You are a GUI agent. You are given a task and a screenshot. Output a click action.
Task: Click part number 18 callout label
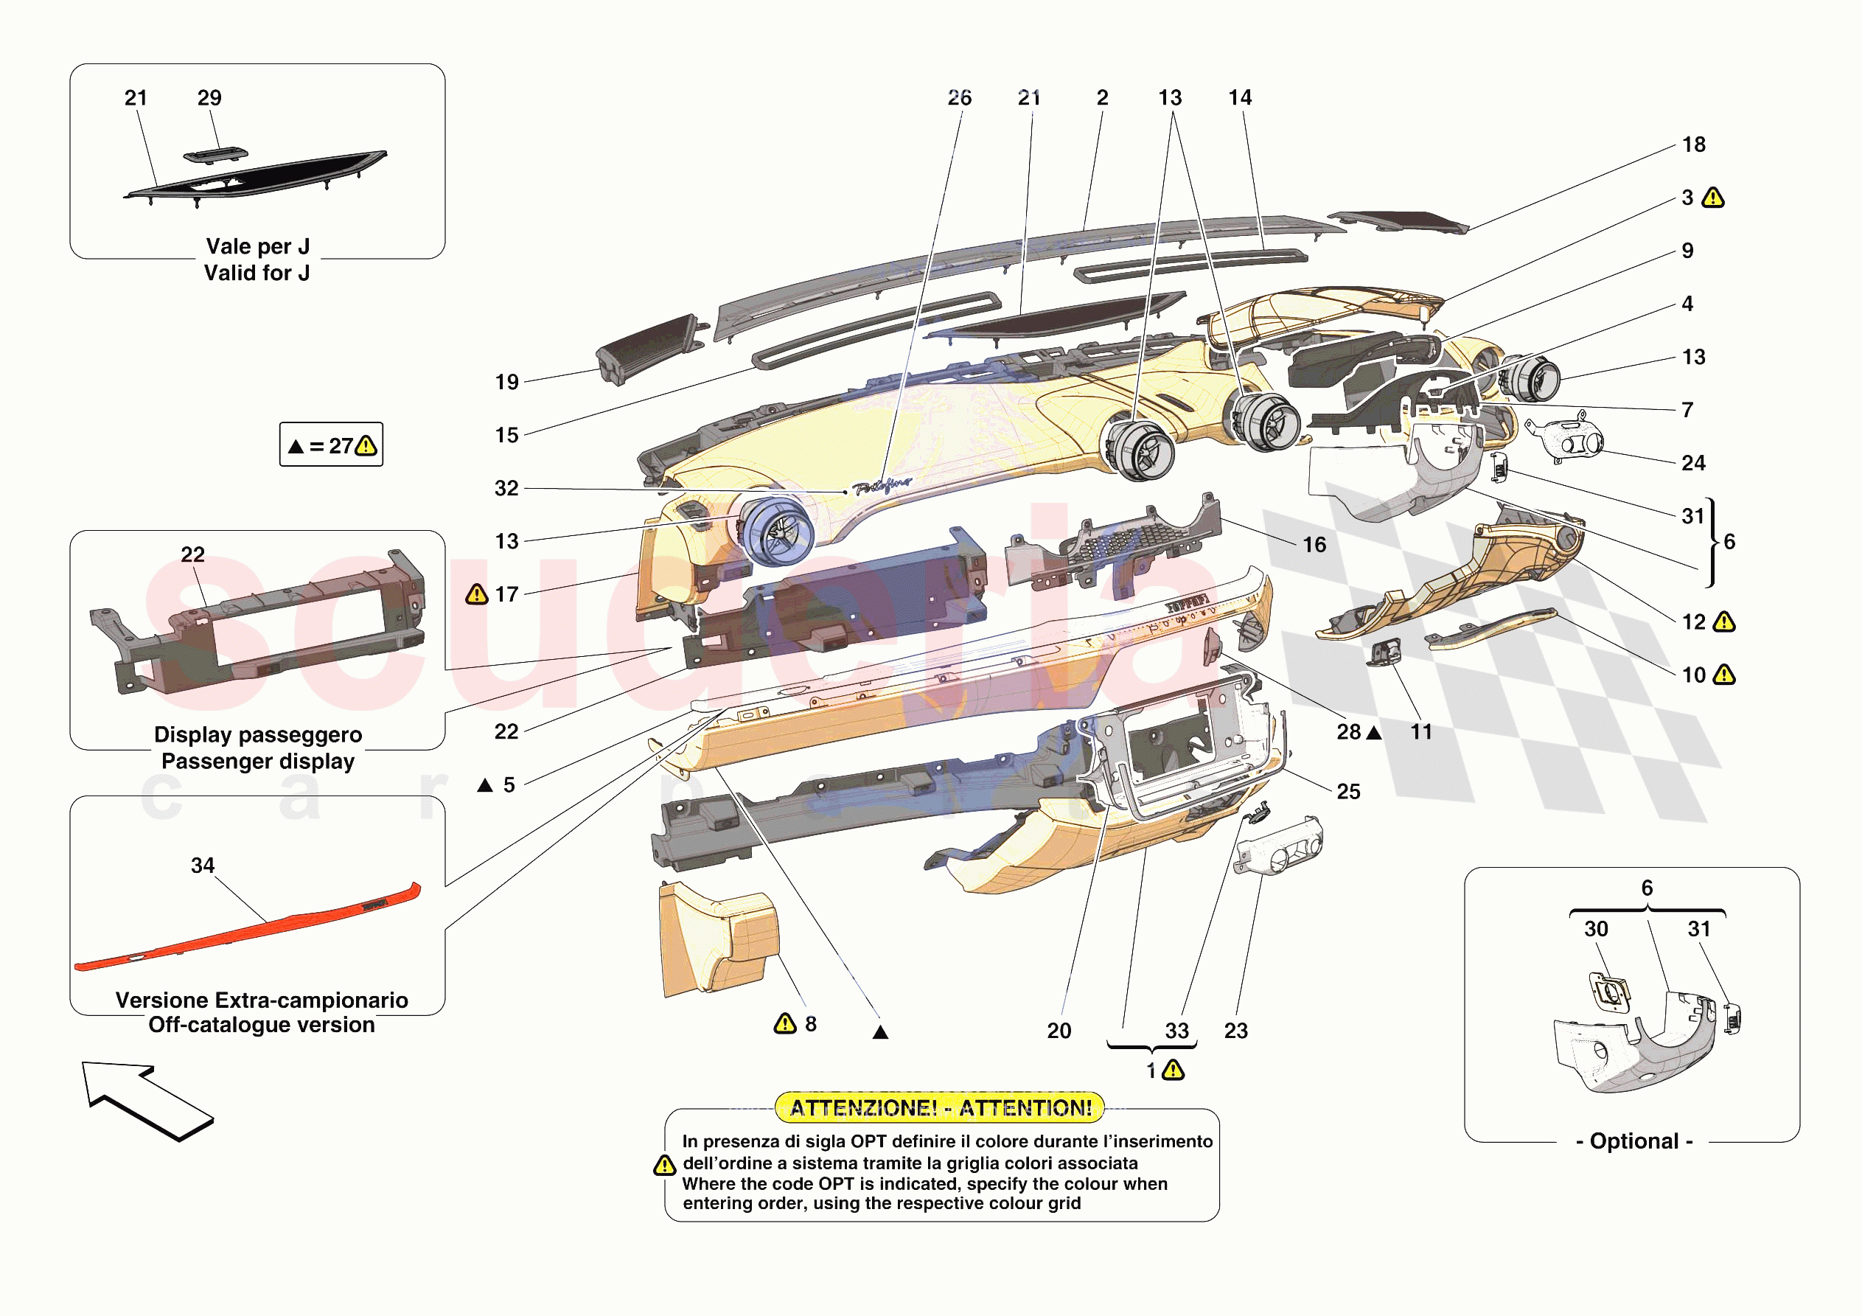[1693, 145]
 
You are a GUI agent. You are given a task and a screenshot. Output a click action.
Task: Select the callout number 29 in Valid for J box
[209, 98]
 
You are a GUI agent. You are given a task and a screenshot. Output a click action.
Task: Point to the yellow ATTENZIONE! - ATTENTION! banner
[940, 1107]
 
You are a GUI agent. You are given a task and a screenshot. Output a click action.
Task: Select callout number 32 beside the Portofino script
[506, 488]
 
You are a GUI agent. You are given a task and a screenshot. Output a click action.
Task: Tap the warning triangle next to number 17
[477, 595]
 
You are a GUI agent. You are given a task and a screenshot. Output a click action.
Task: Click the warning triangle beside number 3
[1713, 198]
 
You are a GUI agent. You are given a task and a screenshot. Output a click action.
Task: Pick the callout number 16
[1314, 544]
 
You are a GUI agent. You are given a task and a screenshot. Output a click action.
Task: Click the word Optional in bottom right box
[1633, 1141]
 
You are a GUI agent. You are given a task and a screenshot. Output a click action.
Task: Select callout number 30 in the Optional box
[1595, 929]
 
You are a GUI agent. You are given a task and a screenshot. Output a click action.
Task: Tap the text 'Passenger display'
[258, 761]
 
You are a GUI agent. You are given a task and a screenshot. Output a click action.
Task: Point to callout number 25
[1347, 791]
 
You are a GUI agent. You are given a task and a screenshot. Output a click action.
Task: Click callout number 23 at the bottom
[1235, 1031]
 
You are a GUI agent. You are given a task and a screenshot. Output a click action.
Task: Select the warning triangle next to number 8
[784, 1024]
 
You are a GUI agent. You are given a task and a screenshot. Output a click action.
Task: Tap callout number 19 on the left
[507, 382]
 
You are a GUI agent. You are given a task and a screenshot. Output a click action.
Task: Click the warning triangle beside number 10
[1724, 675]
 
